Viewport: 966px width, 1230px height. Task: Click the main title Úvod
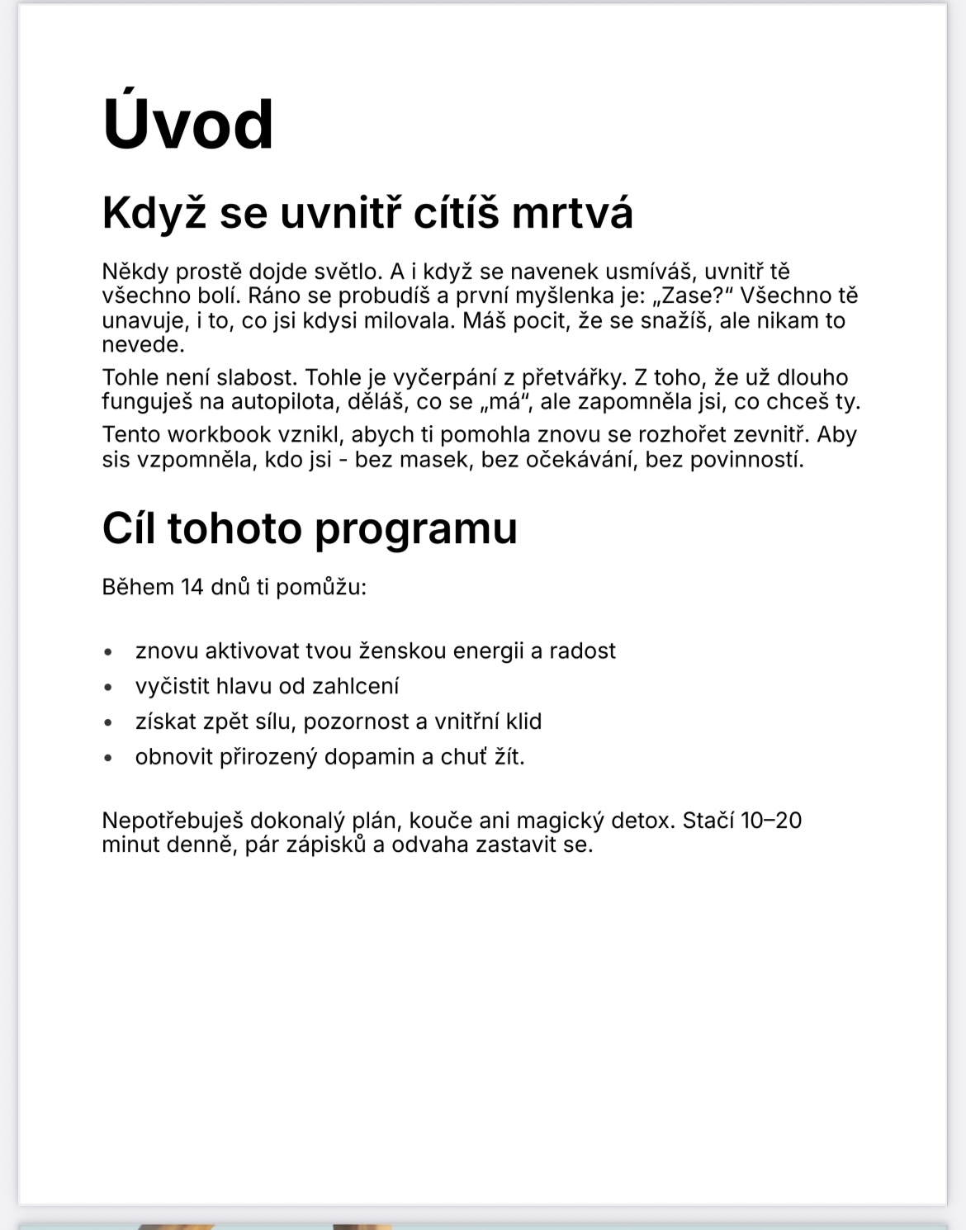click(x=187, y=124)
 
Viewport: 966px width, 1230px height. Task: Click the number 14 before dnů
click(x=192, y=587)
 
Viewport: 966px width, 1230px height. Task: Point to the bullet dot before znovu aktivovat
click(x=108, y=652)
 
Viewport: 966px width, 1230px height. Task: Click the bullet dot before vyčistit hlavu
click(x=108, y=687)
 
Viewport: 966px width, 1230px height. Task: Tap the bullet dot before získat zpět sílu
click(x=108, y=722)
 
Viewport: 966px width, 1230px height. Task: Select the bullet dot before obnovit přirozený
click(x=108, y=758)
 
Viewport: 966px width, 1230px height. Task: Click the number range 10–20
click(x=771, y=821)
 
